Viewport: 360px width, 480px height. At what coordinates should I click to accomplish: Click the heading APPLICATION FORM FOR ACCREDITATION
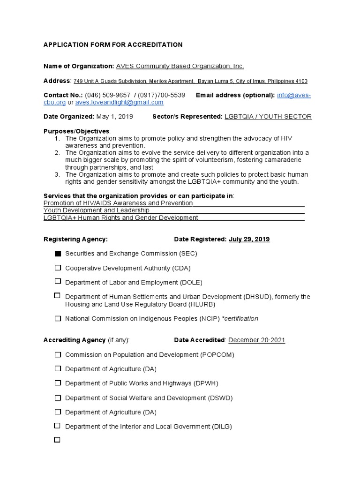(x=113, y=45)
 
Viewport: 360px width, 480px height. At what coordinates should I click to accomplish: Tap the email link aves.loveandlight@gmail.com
(x=119, y=102)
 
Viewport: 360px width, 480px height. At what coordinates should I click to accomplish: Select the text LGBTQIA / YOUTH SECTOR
(x=268, y=116)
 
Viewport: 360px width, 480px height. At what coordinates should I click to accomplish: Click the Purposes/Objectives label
(x=76, y=131)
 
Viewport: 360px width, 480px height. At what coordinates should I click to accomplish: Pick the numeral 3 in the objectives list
(x=57, y=174)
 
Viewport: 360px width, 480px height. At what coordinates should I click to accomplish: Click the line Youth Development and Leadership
(x=97, y=210)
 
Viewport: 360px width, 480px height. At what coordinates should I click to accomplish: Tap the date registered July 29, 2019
(x=249, y=239)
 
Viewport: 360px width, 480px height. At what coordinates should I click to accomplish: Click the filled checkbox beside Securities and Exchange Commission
(x=58, y=254)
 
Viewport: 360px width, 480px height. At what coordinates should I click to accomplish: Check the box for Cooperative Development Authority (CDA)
(x=58, y=268)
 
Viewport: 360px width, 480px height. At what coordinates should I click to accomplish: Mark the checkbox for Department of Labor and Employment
(x=58, y=282)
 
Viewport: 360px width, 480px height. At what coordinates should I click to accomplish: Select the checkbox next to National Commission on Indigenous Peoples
(x=58, y=318)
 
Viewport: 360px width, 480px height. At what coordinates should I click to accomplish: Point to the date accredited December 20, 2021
(x=256, y=340)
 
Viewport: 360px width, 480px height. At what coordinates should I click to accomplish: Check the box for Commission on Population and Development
(x=58, y=354)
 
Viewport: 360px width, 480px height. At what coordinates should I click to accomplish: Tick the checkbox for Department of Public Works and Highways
(x=58, y=383)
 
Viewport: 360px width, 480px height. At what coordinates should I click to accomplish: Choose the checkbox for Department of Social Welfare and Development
(x=58, y=397)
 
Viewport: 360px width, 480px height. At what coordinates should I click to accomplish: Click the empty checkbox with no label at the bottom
(x=58, y=440)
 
